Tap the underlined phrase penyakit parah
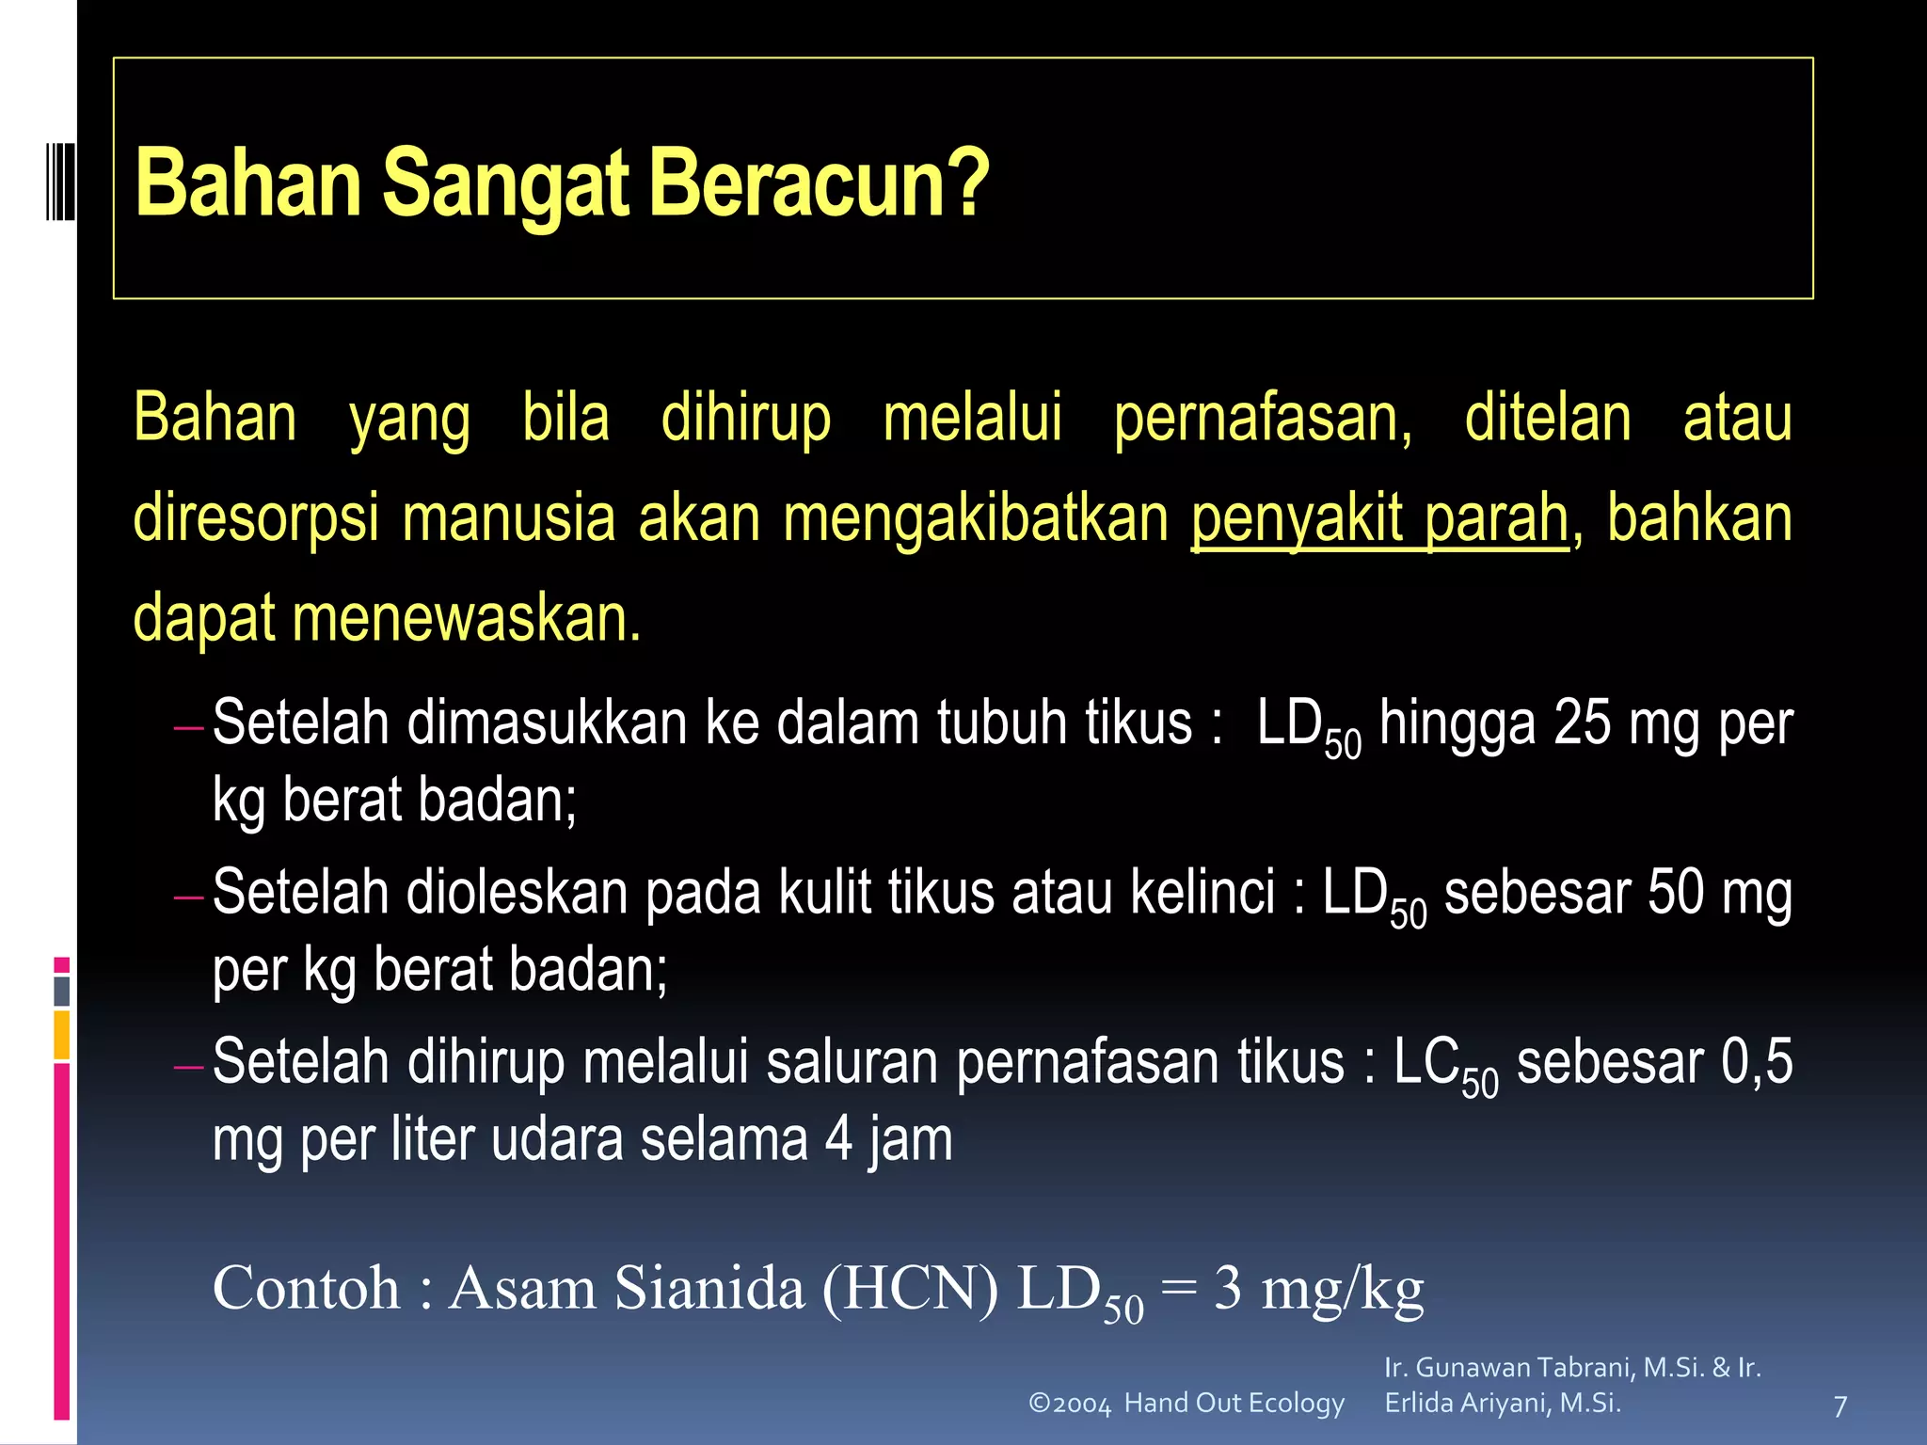(1379, 518)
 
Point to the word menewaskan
(467, 618)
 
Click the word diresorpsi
(256, 518)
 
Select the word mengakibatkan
(976, 518)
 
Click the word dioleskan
(517, 892)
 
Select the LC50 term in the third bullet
(1445, 1065)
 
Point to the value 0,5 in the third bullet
(1757, 1061)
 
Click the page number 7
(1840, 1406)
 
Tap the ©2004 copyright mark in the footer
(1070, 1404)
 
